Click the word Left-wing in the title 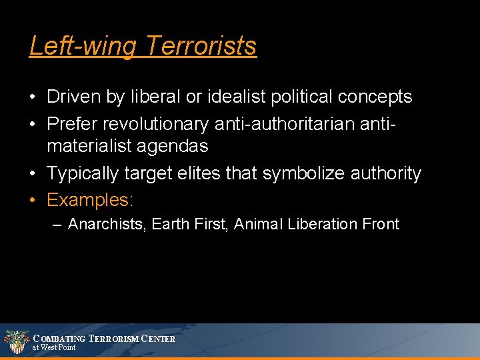pyautogui.click(x=83, y=46)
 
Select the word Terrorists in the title pyautogui.click(x=200, y=46)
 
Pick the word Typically pyautogui.click(x=85, y=174)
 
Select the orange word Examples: pyautogui.click(x=90, y=200)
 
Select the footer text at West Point pyautogui.click(x=54, y=348)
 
